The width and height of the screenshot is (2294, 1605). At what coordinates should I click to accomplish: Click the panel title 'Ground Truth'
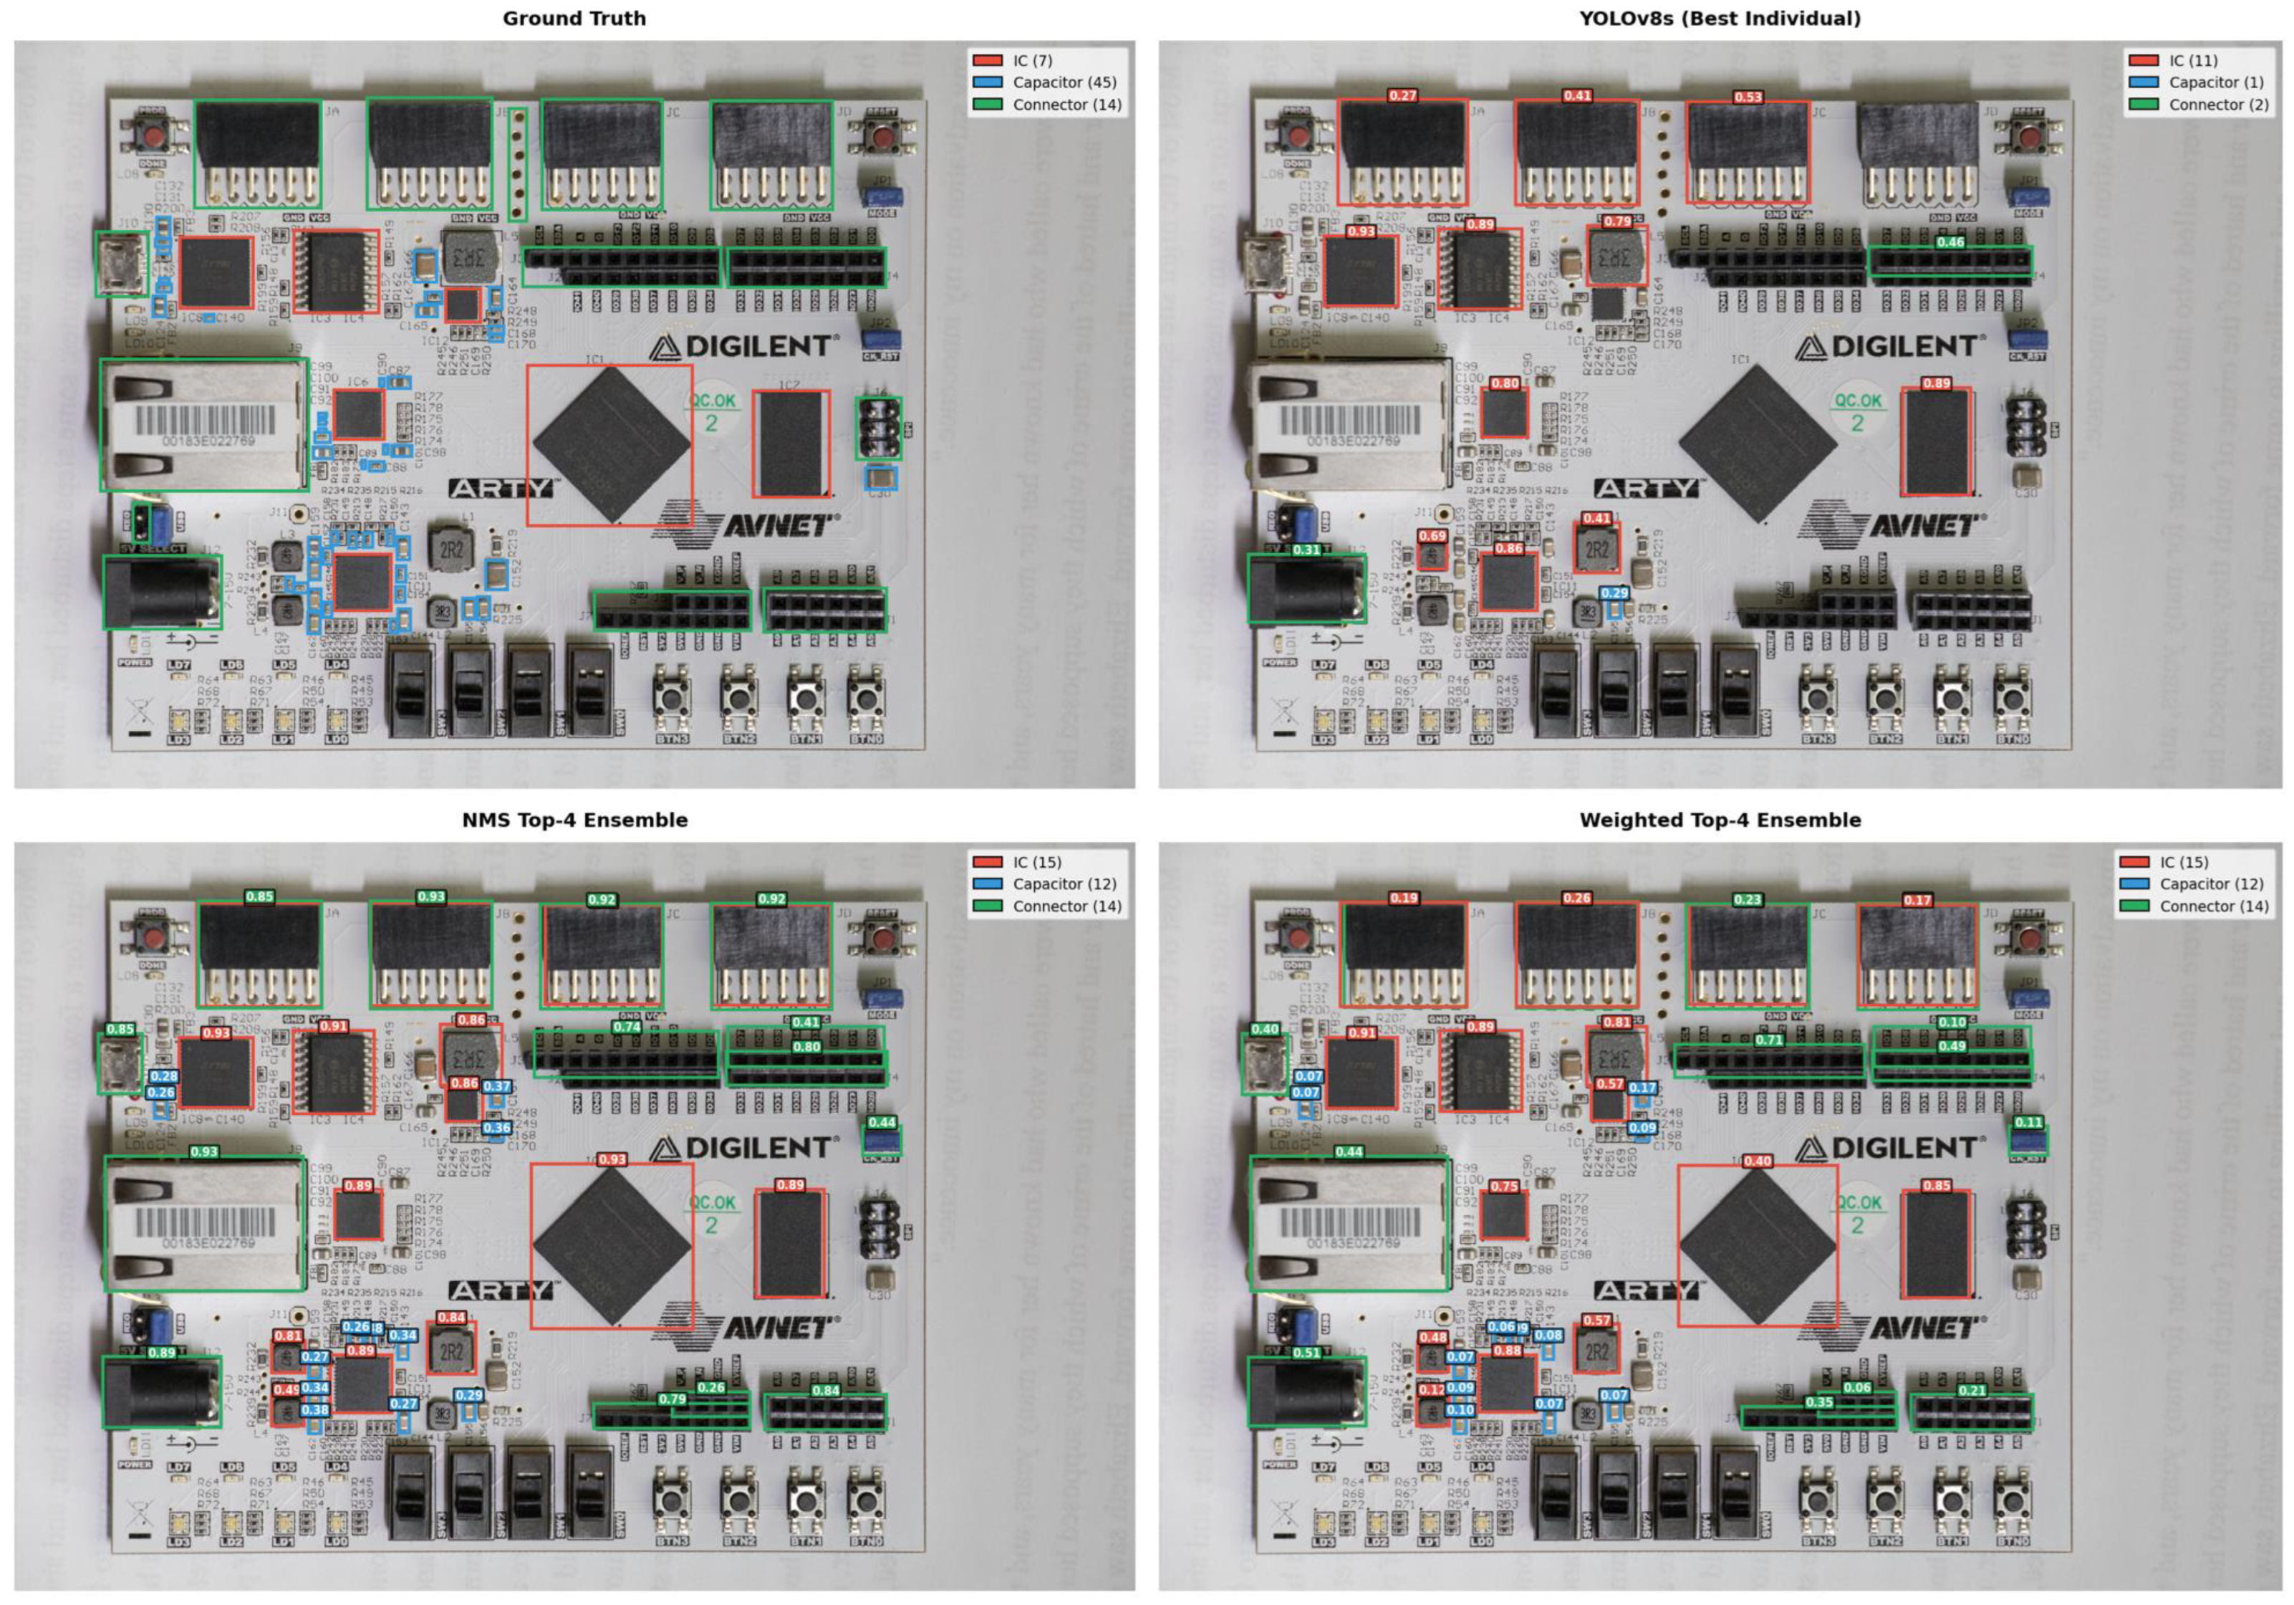574,18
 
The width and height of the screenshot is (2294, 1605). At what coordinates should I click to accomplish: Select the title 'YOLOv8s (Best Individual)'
1720,18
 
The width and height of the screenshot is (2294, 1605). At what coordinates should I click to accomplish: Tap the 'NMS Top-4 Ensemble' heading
574,820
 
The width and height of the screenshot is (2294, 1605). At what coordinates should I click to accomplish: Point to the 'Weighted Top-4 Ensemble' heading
1720,820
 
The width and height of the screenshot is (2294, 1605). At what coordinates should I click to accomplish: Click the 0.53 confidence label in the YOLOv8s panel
1748,97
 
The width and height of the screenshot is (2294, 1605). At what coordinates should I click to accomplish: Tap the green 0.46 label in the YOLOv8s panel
1950,242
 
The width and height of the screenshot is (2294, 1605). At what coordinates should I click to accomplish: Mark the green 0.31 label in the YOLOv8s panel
1306,550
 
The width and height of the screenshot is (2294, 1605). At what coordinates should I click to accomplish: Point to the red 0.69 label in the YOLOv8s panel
1432,537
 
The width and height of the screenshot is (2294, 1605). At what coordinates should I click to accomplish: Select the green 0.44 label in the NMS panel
881,1122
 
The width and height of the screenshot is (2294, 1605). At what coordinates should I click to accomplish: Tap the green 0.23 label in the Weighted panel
1747,899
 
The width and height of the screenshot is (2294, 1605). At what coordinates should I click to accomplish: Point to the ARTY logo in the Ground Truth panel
501,488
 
